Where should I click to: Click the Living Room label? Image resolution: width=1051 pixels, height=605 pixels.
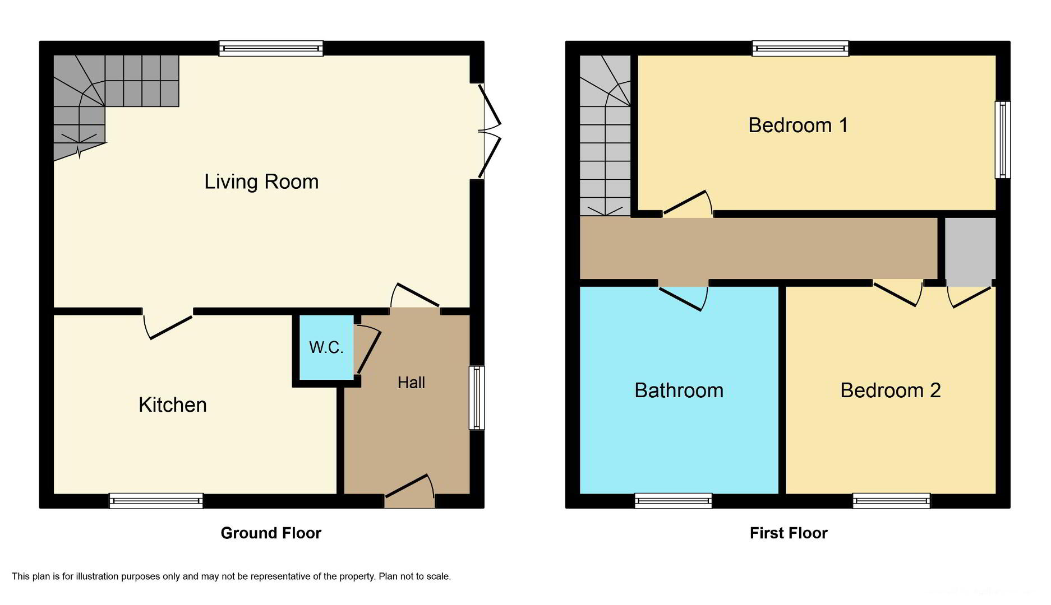261,182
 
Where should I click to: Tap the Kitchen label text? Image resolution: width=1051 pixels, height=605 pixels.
173,404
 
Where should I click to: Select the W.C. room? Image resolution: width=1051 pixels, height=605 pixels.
326,347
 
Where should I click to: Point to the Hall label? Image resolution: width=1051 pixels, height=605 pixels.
411,383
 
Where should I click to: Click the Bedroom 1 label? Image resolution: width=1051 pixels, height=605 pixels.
798,125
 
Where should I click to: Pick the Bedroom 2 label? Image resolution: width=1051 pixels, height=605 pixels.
891,390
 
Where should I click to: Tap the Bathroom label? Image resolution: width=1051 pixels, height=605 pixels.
679,390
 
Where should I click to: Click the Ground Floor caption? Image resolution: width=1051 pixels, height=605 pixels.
271,533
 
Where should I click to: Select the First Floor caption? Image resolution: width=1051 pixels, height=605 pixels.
789,533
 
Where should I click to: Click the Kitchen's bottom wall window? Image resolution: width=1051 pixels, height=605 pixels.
156,500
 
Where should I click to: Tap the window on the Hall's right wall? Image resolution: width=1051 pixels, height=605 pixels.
477,398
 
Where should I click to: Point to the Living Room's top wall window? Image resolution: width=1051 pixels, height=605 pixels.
271,49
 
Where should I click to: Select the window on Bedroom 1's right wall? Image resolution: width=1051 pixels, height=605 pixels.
1003,139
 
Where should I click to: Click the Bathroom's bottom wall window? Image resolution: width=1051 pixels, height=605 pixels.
673,500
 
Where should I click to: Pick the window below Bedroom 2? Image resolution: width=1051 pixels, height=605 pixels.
891,500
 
